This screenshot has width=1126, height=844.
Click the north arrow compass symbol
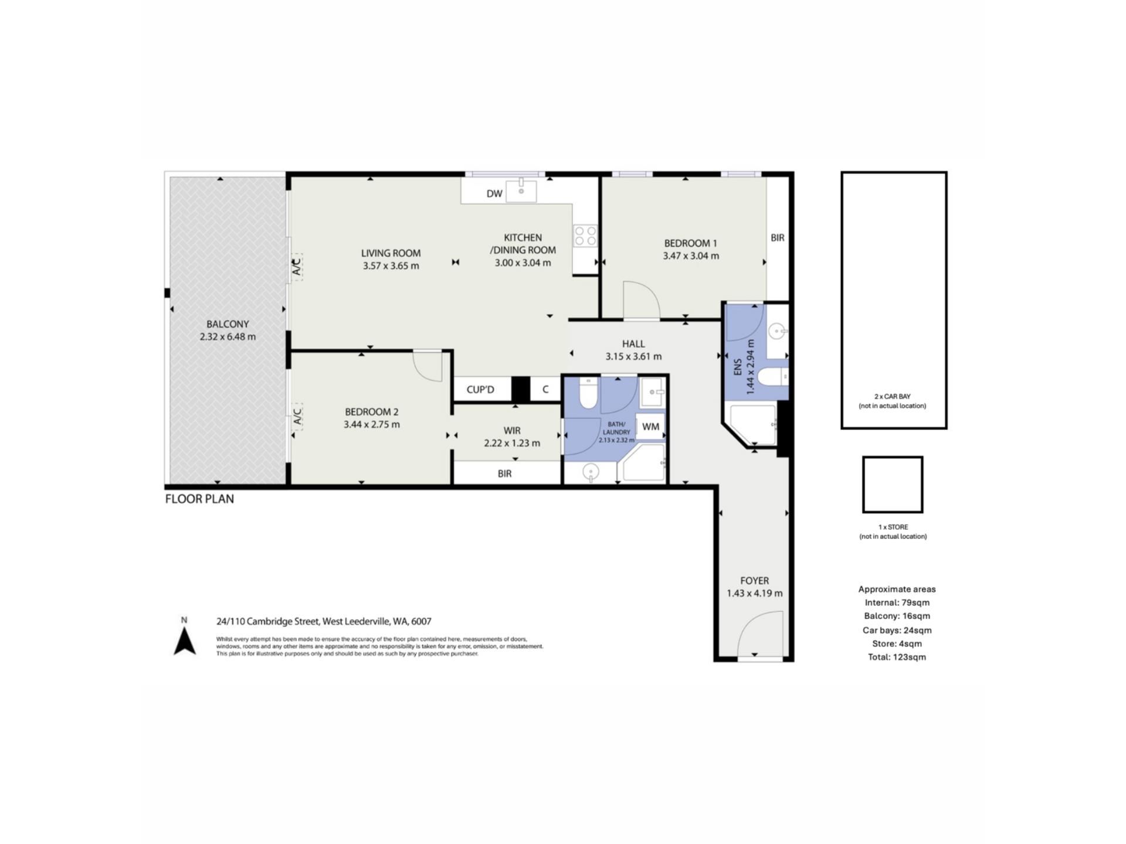[x=185, y=641]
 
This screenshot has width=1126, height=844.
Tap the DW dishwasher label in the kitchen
[x=494, y=194]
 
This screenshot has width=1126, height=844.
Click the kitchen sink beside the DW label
[x=521, y=190]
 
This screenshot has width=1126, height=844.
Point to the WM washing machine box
[x=650, y=427]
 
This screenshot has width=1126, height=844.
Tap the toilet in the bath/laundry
[x=588, y=393]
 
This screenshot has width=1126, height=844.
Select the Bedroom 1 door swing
[x=642, y=300]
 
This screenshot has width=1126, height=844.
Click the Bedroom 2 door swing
[x=427, y=366]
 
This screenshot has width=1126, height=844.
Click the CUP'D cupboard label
[x=480, y=390]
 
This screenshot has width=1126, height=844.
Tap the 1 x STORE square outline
[x=893, y=485]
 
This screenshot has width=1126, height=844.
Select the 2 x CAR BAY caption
[x=893, y=401]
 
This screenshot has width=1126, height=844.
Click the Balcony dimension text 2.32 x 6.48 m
[x=228, y=337]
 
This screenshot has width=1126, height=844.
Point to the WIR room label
[x=512, y=431]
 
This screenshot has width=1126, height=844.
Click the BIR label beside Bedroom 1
[x=778, y=238]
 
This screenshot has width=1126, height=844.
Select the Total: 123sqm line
[x=897, y=657]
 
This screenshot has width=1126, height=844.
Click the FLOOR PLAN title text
[x=199, y=499]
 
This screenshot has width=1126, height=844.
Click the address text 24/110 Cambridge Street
[x=268, y=621]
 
